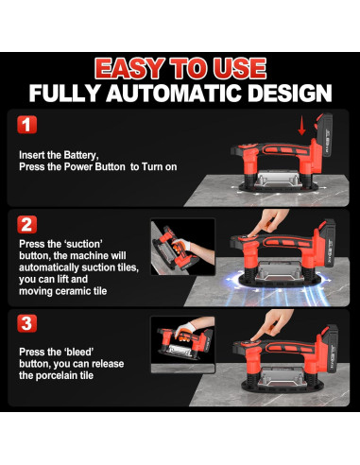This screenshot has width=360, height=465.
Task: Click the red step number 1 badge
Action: coord(26,125)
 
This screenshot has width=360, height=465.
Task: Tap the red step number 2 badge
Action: coord(26,225)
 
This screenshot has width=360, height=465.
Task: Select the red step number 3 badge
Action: coord(26,323)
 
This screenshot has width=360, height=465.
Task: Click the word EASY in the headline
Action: coord(129,68)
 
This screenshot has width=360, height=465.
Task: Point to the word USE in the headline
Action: coord(240,68)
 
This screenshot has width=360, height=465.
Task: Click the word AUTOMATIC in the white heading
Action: coord(176,94)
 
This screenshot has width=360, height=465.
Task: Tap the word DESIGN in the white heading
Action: coord(290,94)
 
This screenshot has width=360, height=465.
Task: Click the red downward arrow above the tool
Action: coord(301,125)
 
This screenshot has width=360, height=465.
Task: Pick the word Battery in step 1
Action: coord(81,155)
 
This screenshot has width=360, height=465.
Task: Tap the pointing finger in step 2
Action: coord(268,221)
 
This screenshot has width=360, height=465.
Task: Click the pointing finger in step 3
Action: coord(272,324)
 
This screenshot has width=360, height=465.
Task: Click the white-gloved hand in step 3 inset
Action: coord(188,328)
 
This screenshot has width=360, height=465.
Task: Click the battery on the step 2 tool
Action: coord(328,243)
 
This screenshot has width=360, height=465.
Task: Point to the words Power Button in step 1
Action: coord(94,166)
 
